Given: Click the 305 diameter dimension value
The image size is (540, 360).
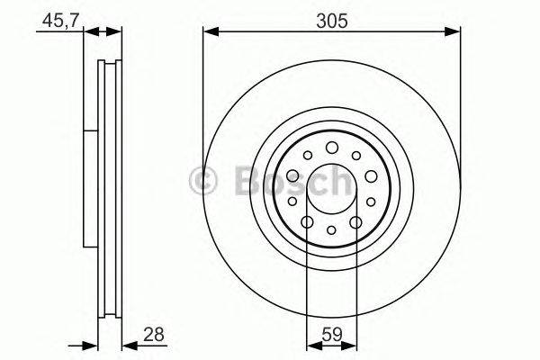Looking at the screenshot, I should (332, 19).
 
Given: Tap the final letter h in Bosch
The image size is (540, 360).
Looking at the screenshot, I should (339, 182).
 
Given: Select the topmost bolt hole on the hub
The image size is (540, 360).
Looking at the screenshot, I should (331, 147).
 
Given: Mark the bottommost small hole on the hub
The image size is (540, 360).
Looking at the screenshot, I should (331, 230).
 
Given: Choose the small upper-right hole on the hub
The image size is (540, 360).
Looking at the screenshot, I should (356, 156).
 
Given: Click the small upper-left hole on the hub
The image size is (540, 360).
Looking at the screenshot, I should (307, 156).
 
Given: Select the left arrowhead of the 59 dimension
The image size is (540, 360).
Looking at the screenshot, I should (311, 346).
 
